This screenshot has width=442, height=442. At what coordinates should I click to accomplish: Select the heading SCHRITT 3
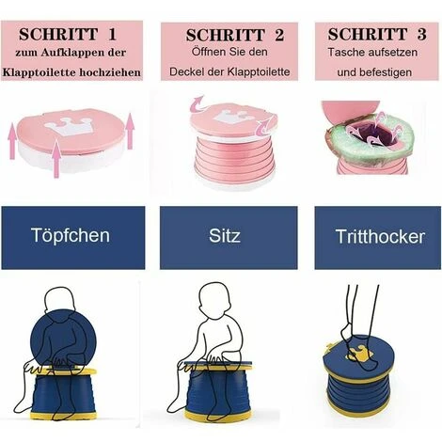coord(373,33)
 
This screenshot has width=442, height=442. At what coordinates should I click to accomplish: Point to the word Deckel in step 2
coord(192,72)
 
